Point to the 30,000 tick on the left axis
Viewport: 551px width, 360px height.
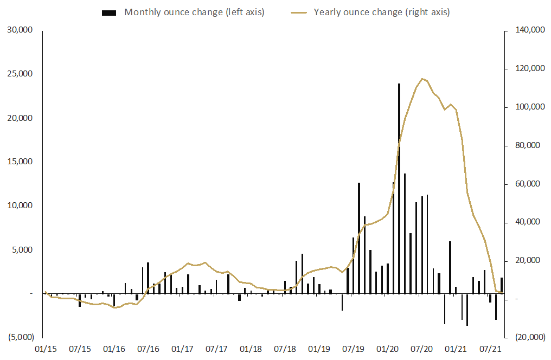20,30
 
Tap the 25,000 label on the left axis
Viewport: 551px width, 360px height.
20,74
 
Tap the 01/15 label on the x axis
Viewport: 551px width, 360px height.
45,348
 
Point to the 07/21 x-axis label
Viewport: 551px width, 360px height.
490,348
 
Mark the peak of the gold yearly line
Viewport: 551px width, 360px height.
422,79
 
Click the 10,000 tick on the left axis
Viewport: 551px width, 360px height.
20,206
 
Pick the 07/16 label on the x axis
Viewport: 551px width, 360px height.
148,348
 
